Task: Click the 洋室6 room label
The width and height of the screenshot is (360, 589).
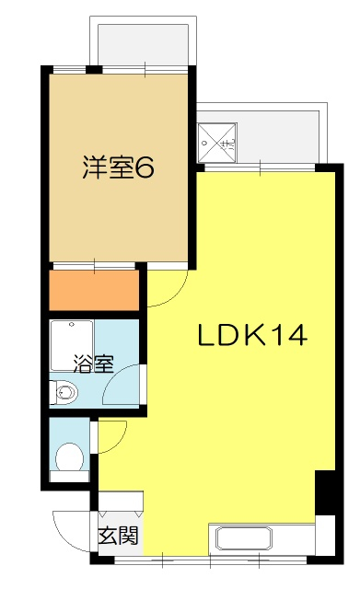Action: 118,167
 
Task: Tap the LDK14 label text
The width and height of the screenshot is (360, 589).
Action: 252,335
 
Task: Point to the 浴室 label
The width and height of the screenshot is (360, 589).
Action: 93,364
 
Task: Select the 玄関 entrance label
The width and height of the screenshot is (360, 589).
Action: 119,536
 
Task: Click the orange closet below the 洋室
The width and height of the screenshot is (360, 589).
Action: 94,291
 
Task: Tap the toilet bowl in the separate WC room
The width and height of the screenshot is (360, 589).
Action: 70,456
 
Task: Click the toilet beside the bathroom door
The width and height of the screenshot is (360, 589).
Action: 64,393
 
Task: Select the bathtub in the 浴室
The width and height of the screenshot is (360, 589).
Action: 72,346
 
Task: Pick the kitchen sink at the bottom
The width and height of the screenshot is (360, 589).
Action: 243,538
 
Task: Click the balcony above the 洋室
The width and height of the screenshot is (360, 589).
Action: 143,44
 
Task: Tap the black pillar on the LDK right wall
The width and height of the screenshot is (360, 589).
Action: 325,492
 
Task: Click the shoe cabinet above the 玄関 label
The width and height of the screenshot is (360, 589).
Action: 121,501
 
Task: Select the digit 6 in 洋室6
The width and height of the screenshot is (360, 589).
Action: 145,167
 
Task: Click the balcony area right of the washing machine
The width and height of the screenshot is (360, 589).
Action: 278,136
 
